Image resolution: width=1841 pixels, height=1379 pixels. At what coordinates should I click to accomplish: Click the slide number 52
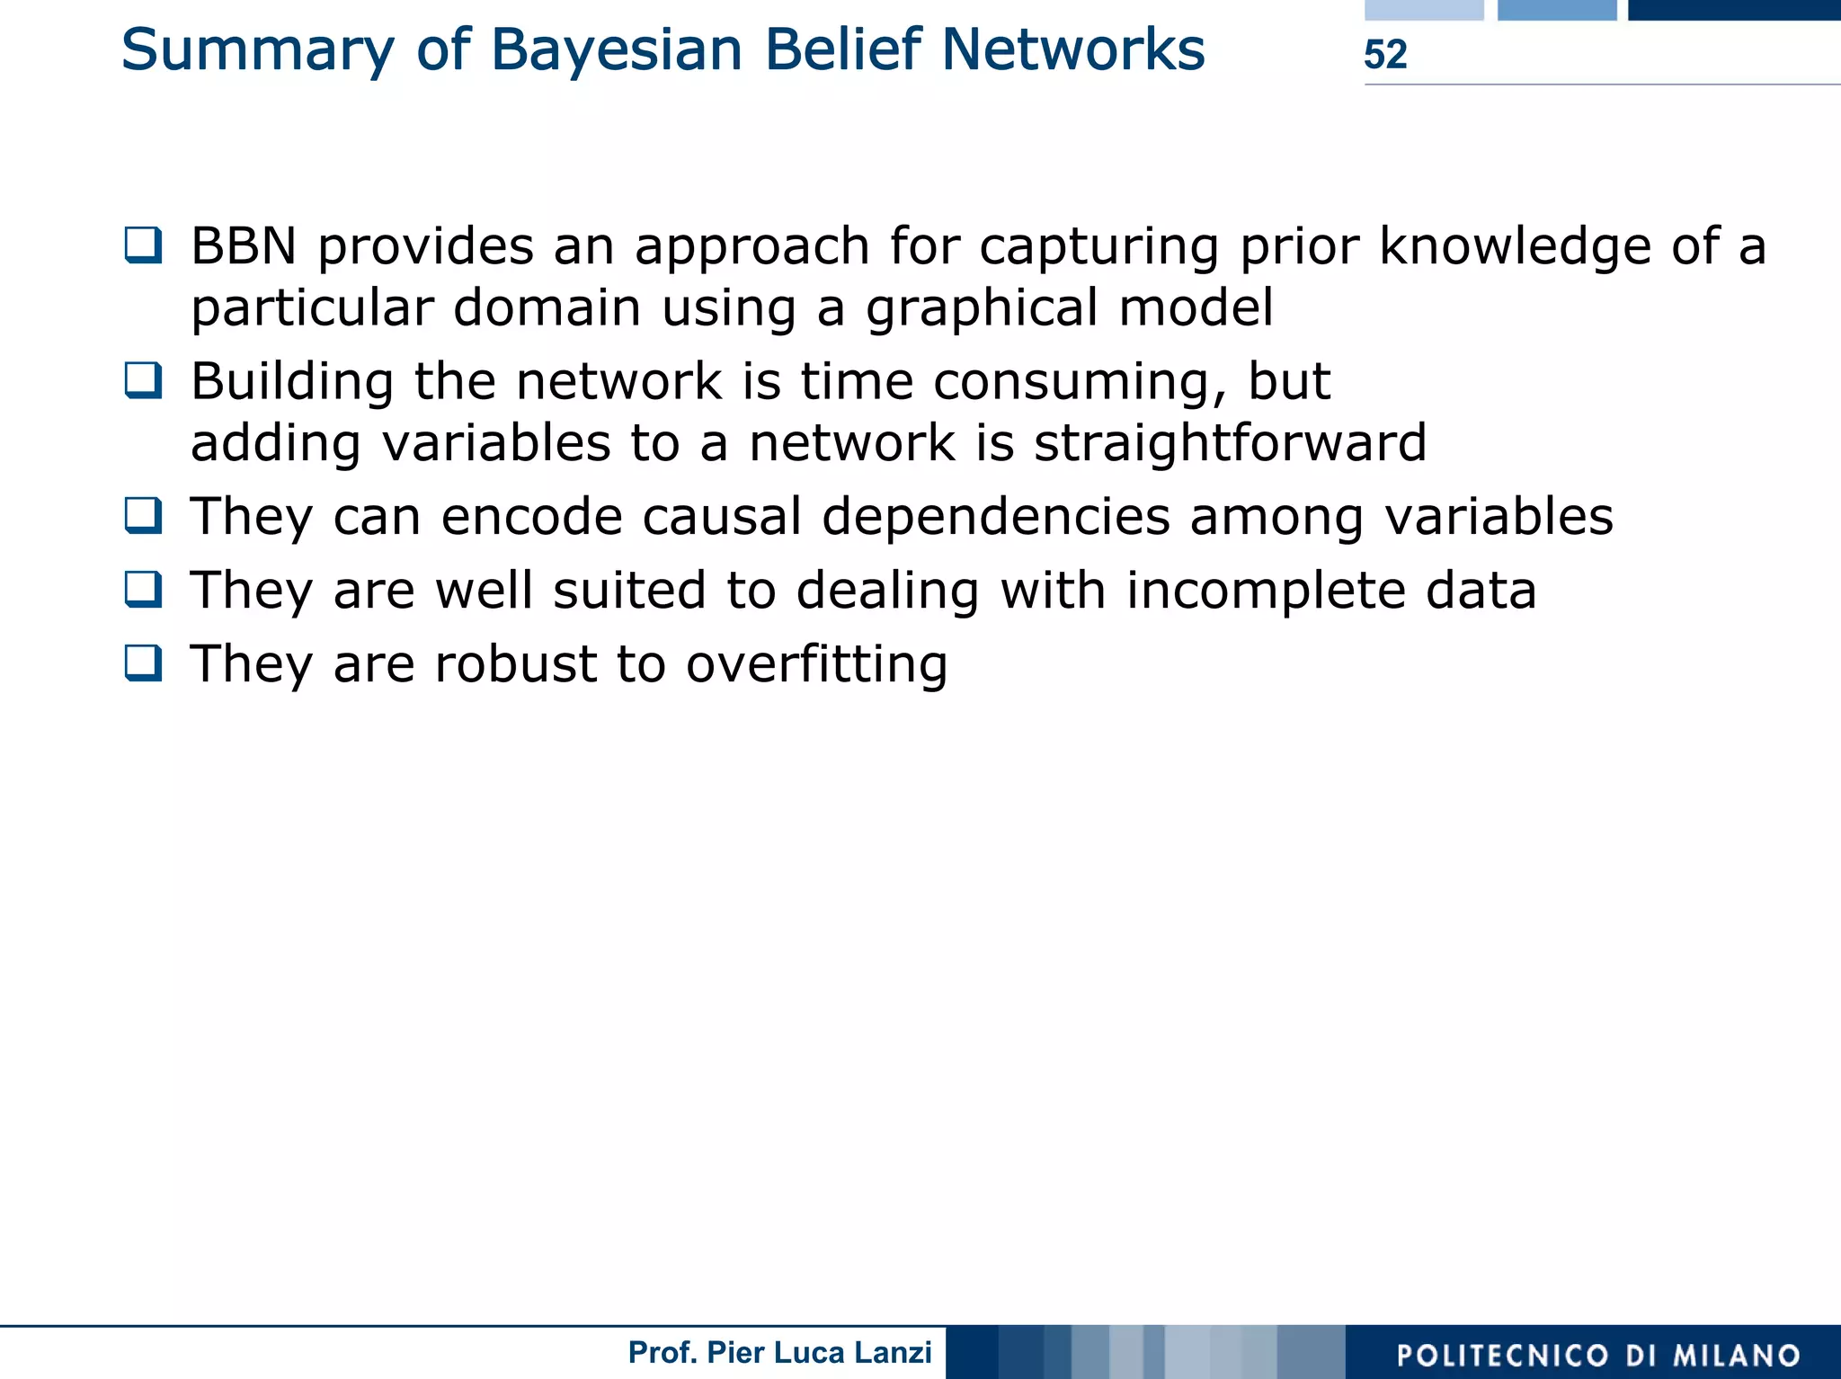[x=1384, y=55]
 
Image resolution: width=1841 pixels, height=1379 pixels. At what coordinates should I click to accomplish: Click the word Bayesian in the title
[x=617, y=50]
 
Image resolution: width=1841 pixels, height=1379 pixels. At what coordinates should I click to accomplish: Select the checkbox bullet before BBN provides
[x=144, y=245]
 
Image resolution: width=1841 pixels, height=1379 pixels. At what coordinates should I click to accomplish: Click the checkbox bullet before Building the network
[x=144, y=380]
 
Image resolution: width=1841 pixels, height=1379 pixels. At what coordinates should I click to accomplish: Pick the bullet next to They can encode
[x=144, y=516]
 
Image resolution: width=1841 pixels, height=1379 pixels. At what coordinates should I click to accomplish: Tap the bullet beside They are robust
[x=144, y=663]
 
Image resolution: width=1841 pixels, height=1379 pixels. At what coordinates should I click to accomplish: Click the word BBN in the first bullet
[x=244, y=246]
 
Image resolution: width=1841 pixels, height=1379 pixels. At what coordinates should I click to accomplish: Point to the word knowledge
[x=1515, y=246]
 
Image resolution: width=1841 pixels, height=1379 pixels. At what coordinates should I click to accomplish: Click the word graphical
[x=982, y=308]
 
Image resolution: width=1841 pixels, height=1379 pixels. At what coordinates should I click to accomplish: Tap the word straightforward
[x=1230, y=443]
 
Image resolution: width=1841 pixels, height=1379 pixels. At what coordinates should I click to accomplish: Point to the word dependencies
[x=996, y=519]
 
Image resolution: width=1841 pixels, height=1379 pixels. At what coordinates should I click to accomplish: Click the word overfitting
[x=816, y=665]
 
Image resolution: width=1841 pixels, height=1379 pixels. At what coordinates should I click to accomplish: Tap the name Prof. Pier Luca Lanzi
[x=779, y=1353]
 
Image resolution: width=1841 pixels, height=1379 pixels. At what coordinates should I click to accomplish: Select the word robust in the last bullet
[x=515, y=664]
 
